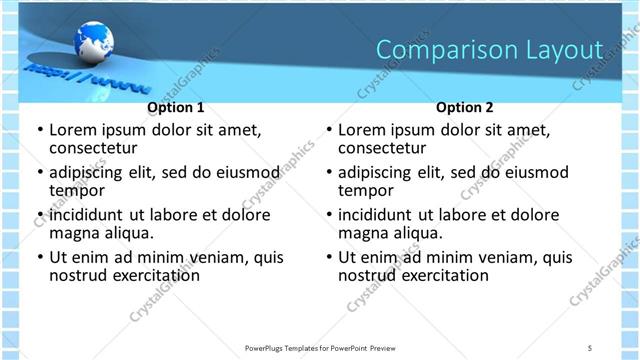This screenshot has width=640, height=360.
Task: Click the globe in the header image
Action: pos(93,43)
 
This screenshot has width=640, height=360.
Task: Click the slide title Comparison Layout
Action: pos(489,50)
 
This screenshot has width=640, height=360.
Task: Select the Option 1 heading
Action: pos(176,107)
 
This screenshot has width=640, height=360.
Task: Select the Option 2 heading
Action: pos(465,107)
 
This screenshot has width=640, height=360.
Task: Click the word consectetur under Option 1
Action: pos(97,148)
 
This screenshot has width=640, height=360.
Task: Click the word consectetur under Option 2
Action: pos(386,148)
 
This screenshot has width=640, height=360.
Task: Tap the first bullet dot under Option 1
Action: pos(39,130)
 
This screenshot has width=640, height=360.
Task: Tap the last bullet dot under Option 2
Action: pos(328,257)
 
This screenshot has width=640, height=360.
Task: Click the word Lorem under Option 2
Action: pos(362,130)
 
